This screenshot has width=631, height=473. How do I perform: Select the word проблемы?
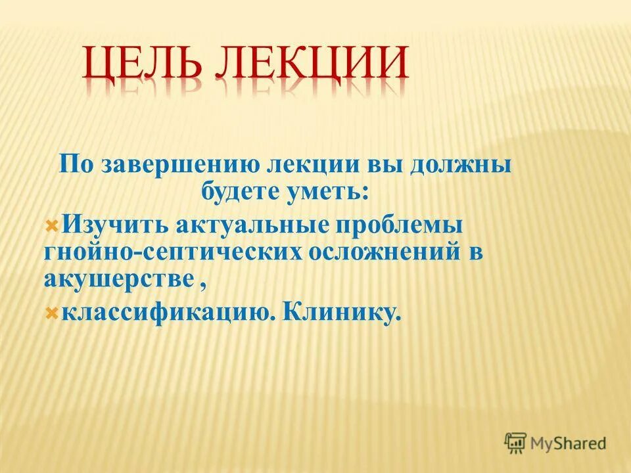(x=400, y=225)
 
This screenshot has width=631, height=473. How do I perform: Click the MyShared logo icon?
(x=515, y=443)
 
